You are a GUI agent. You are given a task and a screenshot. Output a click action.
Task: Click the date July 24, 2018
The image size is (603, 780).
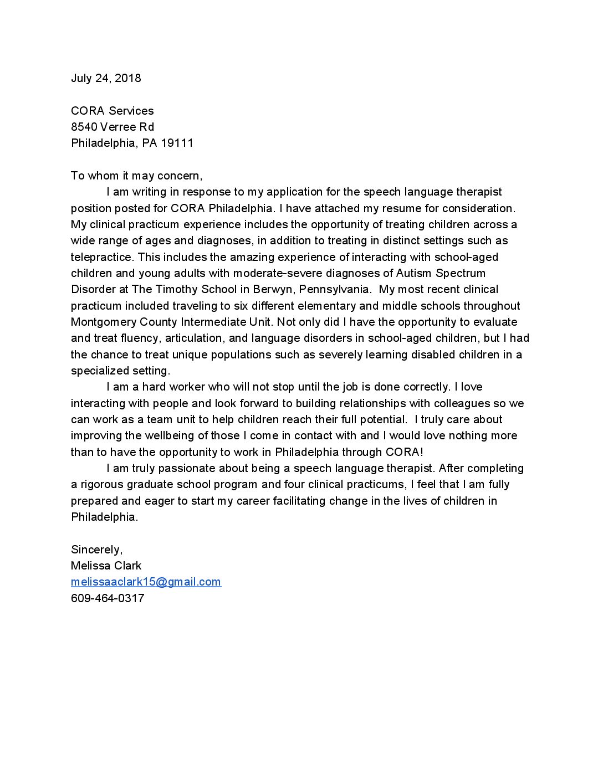tap(106, 78)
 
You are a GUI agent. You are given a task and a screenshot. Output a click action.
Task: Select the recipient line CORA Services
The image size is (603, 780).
tap(113, 111)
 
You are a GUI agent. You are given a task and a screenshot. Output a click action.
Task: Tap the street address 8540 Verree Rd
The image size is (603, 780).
tap(113, 127)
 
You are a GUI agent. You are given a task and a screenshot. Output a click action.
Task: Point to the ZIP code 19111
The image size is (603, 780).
tap(177, 143)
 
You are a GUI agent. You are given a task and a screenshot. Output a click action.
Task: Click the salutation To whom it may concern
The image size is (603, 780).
tap(136, 176)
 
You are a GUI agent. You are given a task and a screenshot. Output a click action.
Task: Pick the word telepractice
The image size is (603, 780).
tap(102, 257)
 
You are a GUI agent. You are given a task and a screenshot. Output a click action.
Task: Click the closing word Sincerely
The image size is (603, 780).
tap(96, 550)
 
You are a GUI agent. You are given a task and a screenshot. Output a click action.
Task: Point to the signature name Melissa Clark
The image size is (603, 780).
tap(106, 566)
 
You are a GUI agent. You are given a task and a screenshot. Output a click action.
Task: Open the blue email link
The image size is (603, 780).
tap(146, 582)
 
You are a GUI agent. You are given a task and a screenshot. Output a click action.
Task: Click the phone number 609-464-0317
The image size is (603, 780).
tap(108, 598)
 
